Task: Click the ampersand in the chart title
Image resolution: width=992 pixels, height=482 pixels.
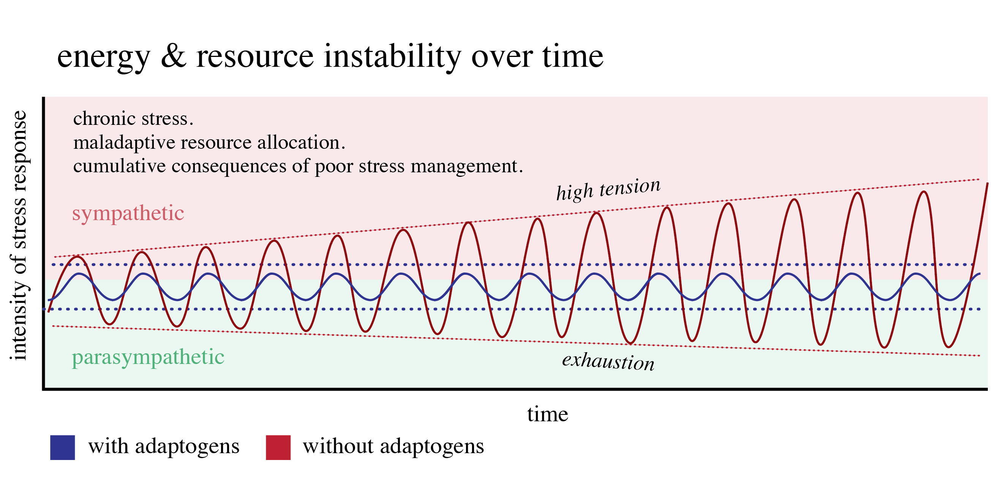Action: pos(173,56)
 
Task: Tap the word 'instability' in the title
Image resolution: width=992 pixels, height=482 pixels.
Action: pos(392,56)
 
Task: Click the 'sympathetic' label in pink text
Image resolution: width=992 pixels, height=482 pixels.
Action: pos(128,213)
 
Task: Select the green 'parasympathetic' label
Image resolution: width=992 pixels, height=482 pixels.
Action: pos(148,357)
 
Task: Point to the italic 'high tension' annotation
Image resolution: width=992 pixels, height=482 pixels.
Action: pos(608,189)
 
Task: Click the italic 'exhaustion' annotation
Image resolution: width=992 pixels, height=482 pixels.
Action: pos(608,361)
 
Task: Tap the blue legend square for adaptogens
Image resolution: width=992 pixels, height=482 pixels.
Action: pos(62,447)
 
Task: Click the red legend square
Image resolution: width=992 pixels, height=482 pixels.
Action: pos(278,447)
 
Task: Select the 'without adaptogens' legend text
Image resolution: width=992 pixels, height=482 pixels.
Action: pos(393,447)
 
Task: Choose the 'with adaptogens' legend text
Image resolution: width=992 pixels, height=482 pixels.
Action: pos(164,447)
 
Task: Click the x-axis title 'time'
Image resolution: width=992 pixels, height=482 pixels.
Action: pos(548,414)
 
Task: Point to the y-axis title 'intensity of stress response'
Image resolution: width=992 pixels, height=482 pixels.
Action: pos(19,236)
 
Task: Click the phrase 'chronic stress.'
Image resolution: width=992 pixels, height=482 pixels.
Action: pos(133,118)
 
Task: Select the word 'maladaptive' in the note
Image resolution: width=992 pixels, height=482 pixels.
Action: pos(125,143)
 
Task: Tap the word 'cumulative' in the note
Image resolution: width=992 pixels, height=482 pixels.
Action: pos(120,166)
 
